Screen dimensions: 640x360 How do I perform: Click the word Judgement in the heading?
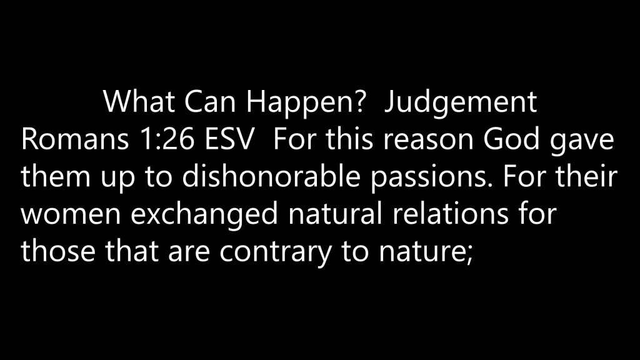(x=461, y=103)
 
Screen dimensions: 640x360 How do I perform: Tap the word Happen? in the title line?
(x=304, y=103)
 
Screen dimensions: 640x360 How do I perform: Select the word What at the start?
(x=139, y=101)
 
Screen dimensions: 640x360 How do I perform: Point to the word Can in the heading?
(x=210, y=102)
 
